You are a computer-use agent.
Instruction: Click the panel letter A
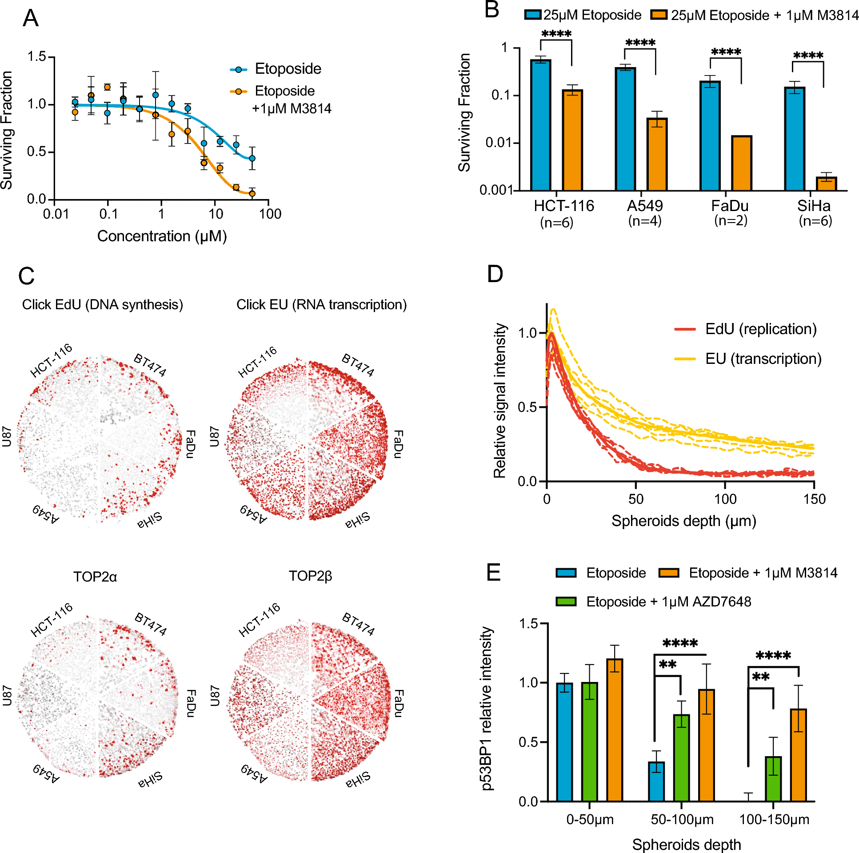(31, 19)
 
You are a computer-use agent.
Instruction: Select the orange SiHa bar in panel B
(826, 183)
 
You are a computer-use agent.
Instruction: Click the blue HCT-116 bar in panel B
(541, 125)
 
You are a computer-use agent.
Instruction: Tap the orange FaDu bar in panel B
(741, 163)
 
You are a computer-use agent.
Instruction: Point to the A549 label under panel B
(644, 206)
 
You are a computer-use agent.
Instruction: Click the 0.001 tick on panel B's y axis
(496, 190)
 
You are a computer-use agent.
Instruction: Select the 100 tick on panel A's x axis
(270, 214)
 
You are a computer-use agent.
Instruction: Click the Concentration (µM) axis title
(162, 236)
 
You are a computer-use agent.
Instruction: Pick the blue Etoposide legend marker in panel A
(239, 69)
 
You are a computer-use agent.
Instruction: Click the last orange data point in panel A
(252, 193)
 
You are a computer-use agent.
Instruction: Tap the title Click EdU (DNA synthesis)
(102, 305)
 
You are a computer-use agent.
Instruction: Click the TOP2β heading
(310, 576)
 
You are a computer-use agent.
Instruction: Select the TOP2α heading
(95, 577)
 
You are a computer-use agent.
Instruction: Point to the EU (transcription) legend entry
(763, 359)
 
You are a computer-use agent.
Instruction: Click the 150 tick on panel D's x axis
(814, 499)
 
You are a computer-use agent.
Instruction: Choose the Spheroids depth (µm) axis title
(683, 521)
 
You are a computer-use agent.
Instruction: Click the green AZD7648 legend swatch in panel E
(566, 602)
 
